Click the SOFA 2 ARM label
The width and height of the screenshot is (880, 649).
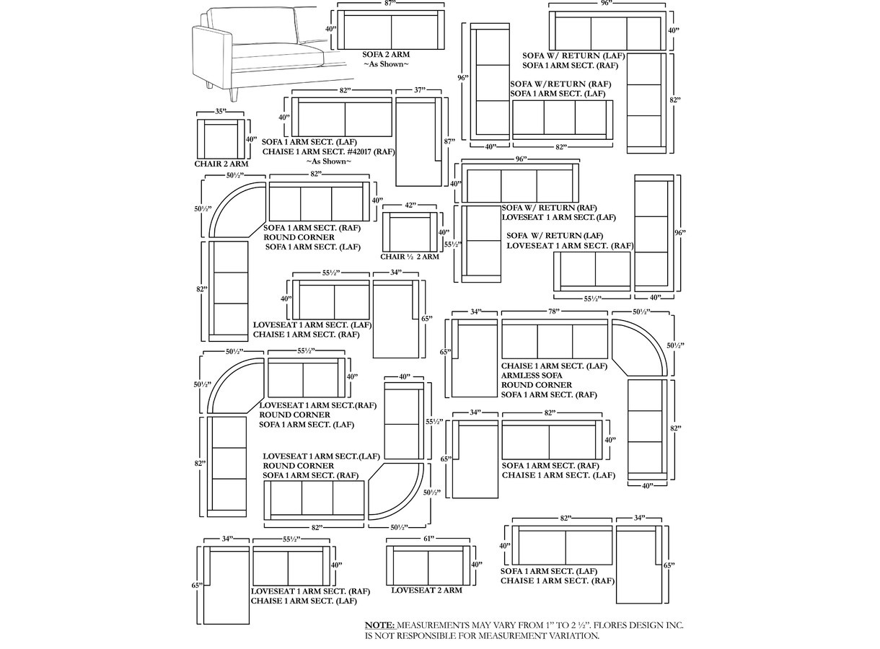click(x=386, y=55)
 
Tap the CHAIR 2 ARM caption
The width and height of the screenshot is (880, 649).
click(x=221, y=164)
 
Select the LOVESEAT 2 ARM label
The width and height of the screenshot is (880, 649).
click(x=426, y=590)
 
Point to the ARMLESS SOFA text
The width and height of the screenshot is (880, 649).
click(x=532, y=375)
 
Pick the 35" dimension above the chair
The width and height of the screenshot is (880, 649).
click(x=221, y=112)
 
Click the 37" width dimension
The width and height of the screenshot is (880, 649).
click(x=420, y=90)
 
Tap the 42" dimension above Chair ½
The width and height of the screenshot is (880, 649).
click(x=410, y=205)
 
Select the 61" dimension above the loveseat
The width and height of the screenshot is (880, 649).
click(x=428, y=538)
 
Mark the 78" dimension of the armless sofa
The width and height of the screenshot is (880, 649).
click(x=553, y=312)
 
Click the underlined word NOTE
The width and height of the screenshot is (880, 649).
click(x=379, y=625)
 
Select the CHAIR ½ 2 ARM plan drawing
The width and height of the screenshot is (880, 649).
click(x=410, y=231)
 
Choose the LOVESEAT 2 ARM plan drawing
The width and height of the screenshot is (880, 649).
click(x=428, y=565)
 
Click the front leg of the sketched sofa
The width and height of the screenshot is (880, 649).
click(x=234, y=94)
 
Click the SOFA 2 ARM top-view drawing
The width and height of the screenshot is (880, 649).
click(x=391, y=30)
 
